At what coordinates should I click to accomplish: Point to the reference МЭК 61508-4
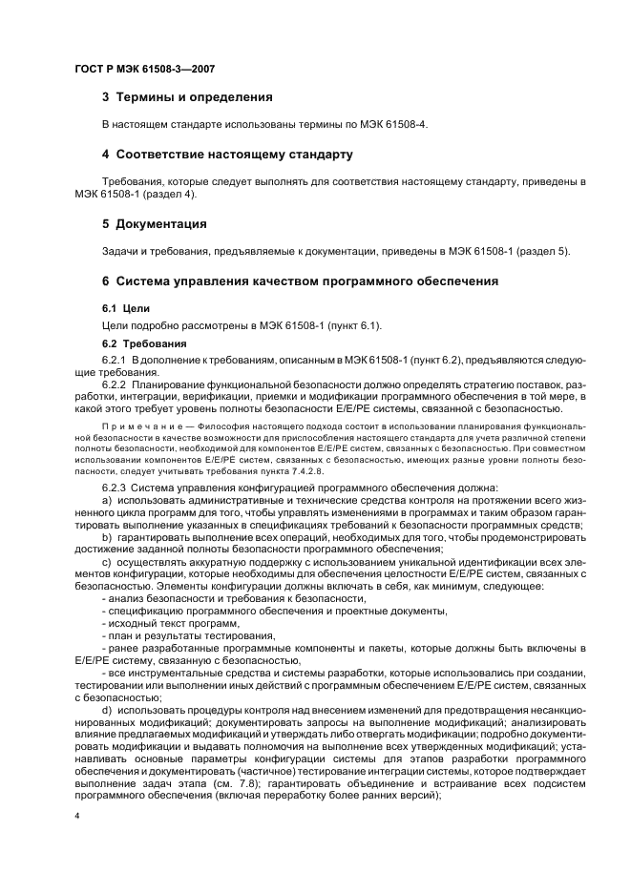398,125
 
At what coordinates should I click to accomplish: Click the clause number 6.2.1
114,359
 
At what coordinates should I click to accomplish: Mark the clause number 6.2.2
114,383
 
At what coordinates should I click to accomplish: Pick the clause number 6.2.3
114,488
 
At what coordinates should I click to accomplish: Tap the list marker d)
106,711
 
